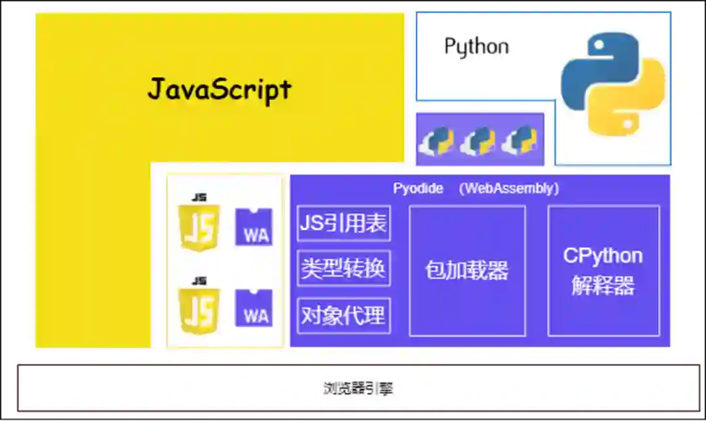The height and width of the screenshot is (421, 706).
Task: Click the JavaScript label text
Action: (220, 89)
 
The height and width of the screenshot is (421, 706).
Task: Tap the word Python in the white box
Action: (476, 46)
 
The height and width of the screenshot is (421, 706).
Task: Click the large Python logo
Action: (613, 83)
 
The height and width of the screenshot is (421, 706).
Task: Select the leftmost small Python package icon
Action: (437, 139)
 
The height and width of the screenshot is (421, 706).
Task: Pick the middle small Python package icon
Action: (478, 139)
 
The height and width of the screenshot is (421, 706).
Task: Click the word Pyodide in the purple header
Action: (418, 189)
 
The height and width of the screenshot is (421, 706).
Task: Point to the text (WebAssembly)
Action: (509, 189)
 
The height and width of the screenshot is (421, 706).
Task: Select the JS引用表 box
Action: (343, 224)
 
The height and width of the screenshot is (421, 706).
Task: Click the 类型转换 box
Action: (343, 268)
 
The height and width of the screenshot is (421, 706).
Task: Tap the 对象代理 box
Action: (343, 316)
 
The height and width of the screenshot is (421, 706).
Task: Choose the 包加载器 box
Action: (467, 271)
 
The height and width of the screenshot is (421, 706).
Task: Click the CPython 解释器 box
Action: (603, 271)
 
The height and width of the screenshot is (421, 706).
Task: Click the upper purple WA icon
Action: (254, 227)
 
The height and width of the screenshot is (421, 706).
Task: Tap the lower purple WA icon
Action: (254, 309)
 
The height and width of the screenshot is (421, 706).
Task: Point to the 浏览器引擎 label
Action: (358, 388)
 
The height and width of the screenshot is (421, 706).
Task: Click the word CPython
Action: (603, 256)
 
